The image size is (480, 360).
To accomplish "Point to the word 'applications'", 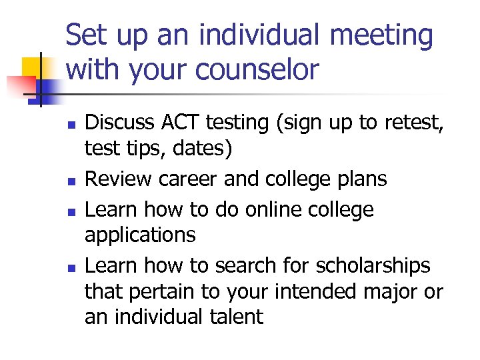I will pyautogui.click(x=140, y=235).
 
